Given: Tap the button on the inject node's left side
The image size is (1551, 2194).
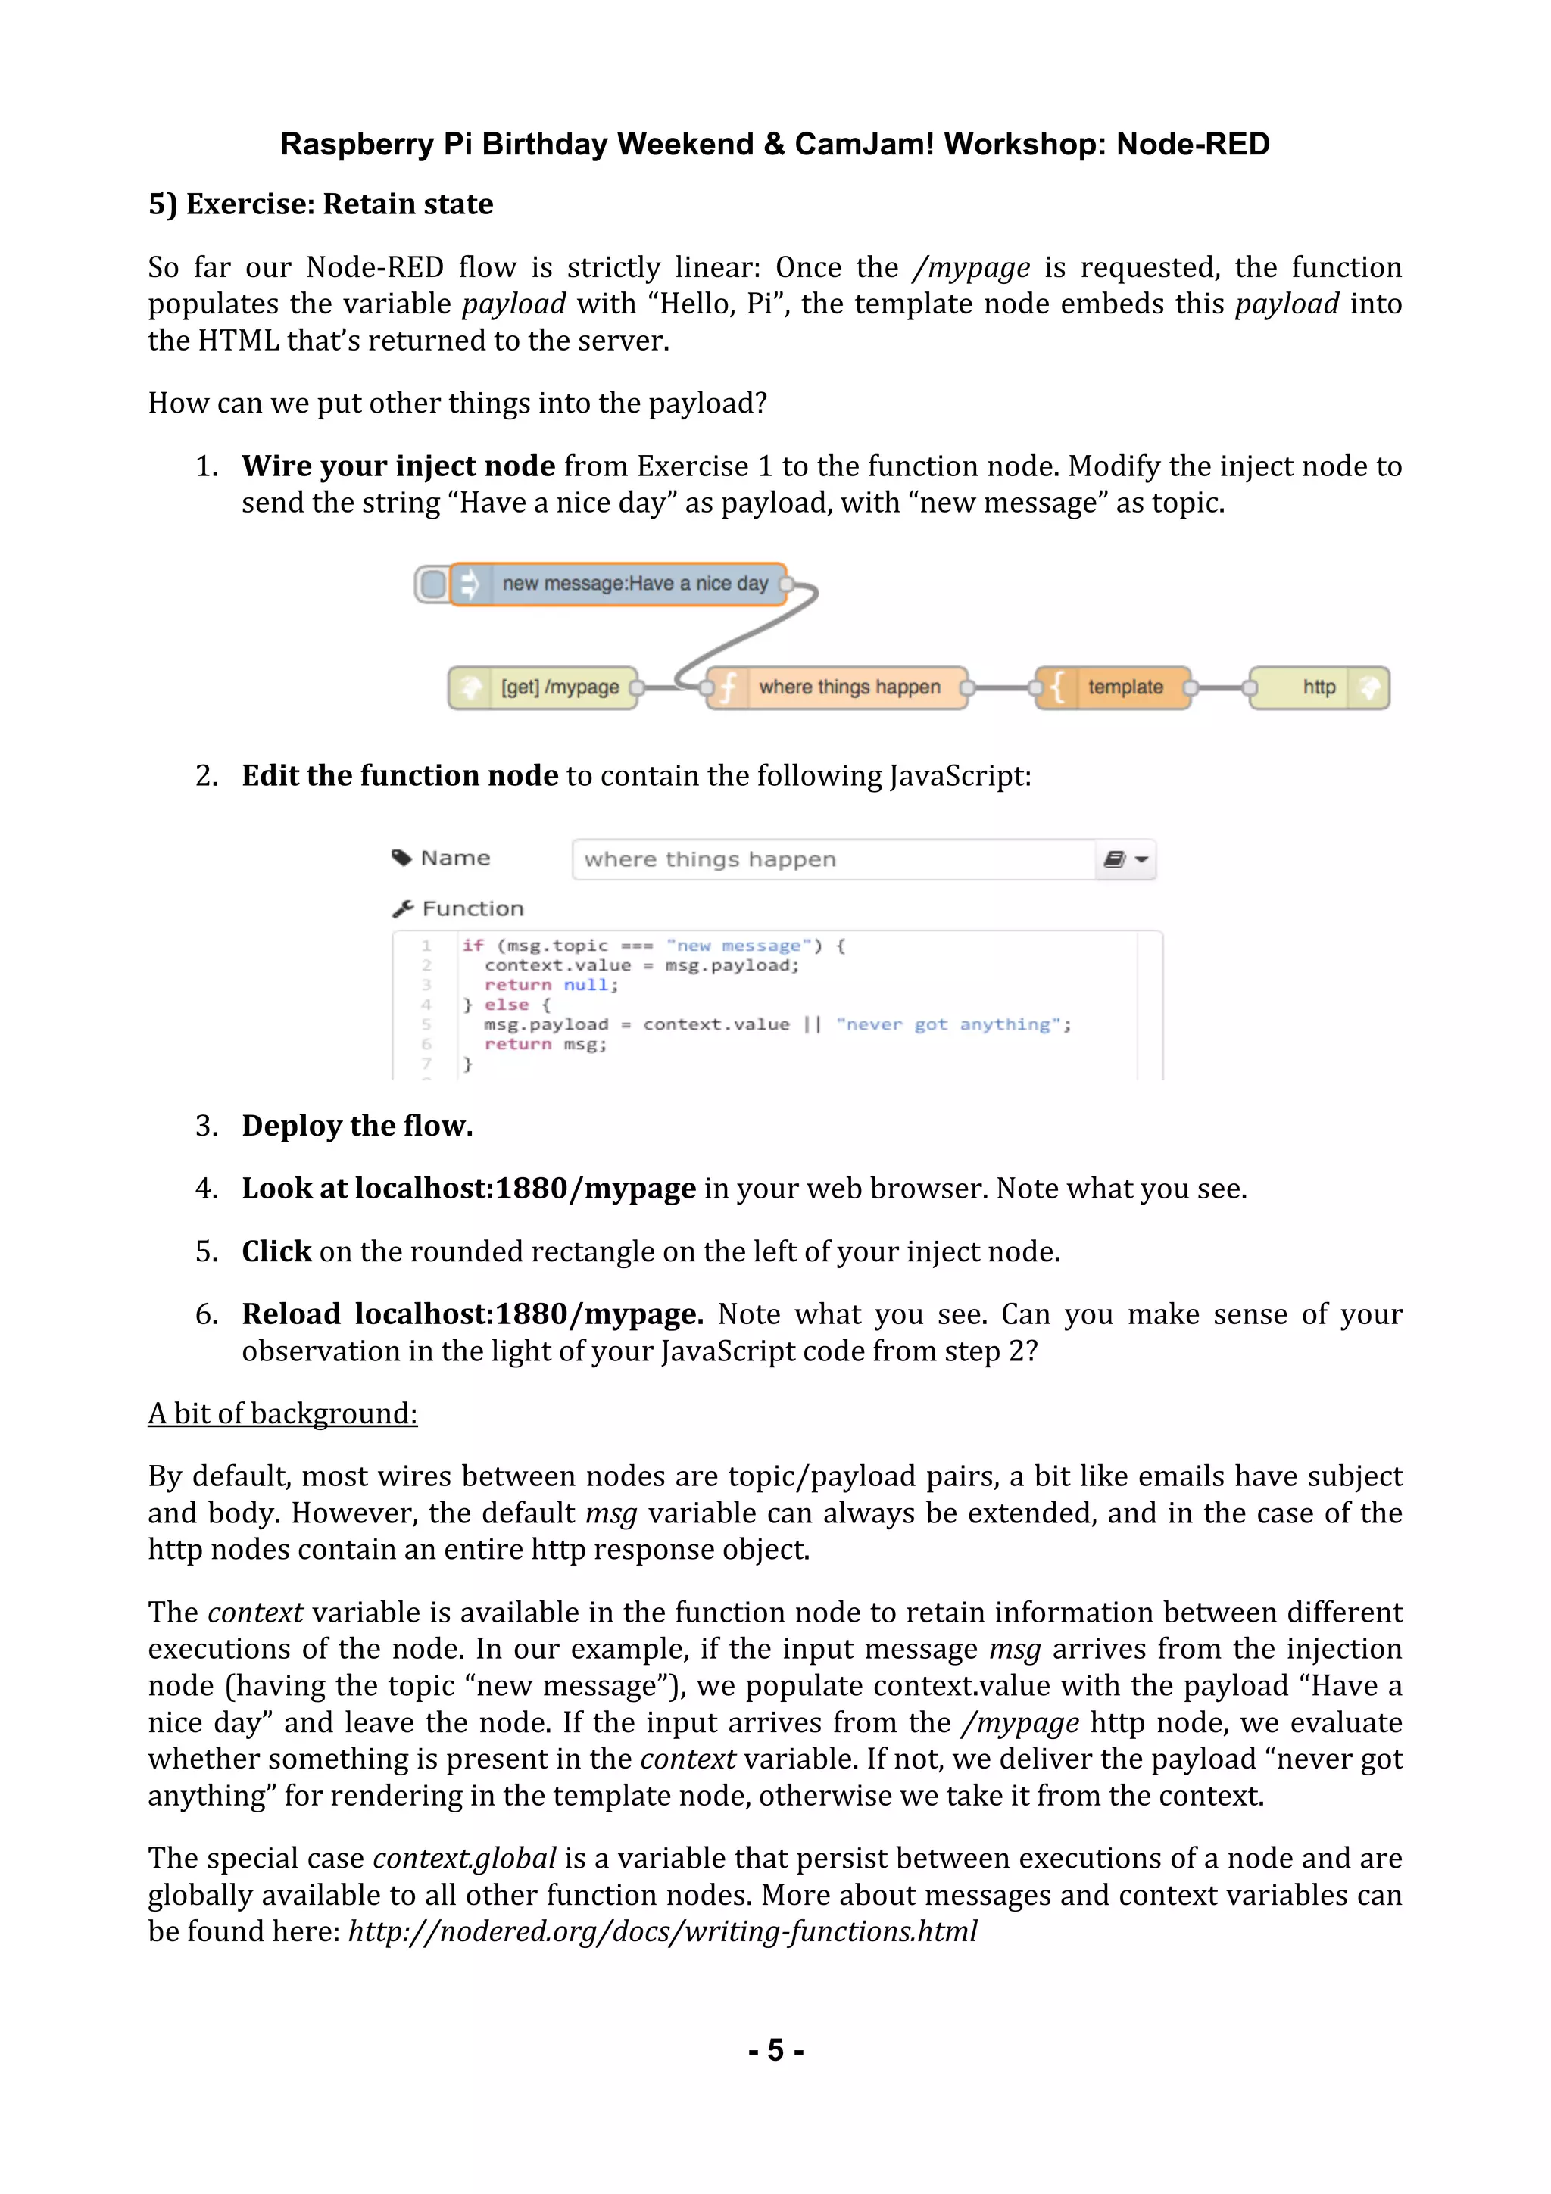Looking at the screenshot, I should click(432, 584).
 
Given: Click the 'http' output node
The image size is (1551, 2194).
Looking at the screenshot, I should click(1318, 687).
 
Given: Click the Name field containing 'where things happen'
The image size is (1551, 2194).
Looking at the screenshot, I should click(832, 859).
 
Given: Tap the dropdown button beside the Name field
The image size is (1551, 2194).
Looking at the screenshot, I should click(1127, 859).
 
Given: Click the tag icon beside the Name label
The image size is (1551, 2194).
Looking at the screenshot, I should click(402, 857).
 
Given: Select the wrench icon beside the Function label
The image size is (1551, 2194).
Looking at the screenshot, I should click(402, 908).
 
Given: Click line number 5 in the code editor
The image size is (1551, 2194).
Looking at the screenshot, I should click(426, 1024).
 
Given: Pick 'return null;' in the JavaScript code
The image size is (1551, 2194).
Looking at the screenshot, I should click(551, 985).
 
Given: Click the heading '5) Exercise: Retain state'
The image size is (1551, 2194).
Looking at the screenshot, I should click(320, 204).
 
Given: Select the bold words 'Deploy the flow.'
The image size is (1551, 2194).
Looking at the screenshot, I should click(357, 1126).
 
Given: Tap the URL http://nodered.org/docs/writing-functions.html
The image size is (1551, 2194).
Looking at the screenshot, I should click(661, 1931).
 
